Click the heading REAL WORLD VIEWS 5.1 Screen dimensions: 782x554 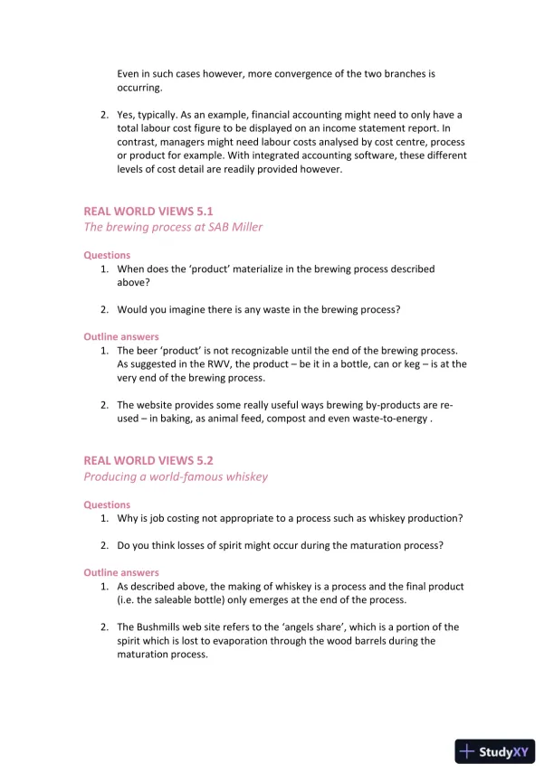(x=148, y=212)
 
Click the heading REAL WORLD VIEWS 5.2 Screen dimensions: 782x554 (x=148, y=461)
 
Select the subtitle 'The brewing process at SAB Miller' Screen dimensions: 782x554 (x=173, y=227)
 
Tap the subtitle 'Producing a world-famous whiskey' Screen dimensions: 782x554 (x=176, y=476)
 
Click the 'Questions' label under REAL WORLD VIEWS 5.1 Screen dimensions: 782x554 (x=107, y=255)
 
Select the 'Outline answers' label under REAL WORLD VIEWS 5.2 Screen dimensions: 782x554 (x=121, y=572)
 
